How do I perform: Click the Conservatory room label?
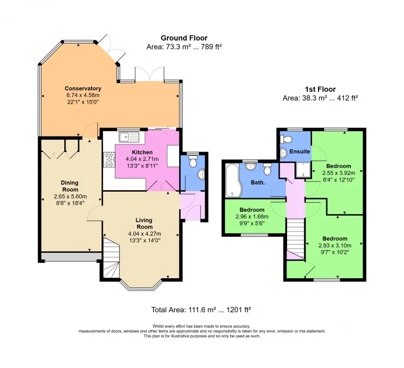tap(83, 89)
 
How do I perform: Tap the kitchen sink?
tap(129, 137)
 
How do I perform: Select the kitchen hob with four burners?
tap(109, 159)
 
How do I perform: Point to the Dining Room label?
tap(70, 186)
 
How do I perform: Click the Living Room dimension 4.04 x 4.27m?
tap(145, 234)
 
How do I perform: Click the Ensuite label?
tap(299, 151)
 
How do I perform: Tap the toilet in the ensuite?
tap(286, 139)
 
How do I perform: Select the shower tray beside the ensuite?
tap(303, 170)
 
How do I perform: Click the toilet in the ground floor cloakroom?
tap(193, 161)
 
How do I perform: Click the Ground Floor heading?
tap(184, 38)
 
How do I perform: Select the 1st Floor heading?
tap(320, 89)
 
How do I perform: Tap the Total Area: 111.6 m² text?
tap(183, 310)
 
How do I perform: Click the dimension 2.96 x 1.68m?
tap(252, 217)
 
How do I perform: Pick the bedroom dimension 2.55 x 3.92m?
tap(339, 173)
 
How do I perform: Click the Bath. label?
tap(258, 183)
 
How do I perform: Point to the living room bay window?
tap(141, 286)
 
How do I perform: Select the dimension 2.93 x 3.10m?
tap(335, 245)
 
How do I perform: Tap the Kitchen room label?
tap(142, 152)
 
